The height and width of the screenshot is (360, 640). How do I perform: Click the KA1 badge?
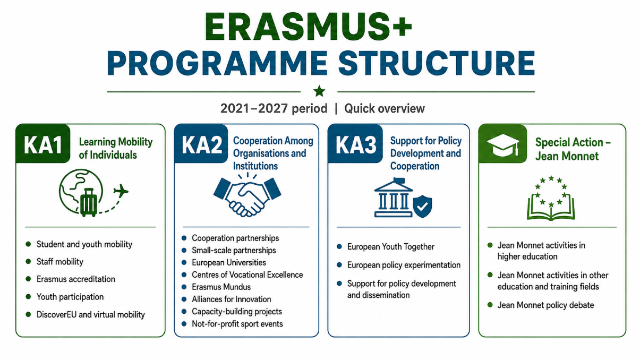tap(43, 143)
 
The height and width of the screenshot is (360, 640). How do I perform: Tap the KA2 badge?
tap(201, 143)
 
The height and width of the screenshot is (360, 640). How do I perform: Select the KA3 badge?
tap(355, 143)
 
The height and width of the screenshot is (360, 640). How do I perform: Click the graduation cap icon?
tap(503, 145)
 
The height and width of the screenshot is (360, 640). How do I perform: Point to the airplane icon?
tap(121, 191)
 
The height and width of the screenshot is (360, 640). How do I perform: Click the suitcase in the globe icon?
tap(89, 202)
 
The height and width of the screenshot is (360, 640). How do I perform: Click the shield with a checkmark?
tap(423, 207)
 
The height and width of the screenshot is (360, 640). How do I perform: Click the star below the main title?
tap(319, 91)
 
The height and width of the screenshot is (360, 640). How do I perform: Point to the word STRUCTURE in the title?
tap(437, 63)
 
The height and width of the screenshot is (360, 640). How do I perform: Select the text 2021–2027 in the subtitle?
tap(254, 108)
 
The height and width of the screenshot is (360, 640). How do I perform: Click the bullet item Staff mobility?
tap(59, 262)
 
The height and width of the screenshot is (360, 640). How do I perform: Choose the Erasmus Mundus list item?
tap(221, 287)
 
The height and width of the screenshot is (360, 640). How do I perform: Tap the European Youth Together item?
tap(390, 247)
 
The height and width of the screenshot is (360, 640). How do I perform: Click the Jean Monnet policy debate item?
tap(545, 305)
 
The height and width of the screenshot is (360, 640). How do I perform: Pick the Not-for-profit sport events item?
tap(237, 324)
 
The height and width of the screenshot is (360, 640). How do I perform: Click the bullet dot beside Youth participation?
tap(28, 297)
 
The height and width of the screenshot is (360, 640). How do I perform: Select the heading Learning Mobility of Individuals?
tap(116, 148)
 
